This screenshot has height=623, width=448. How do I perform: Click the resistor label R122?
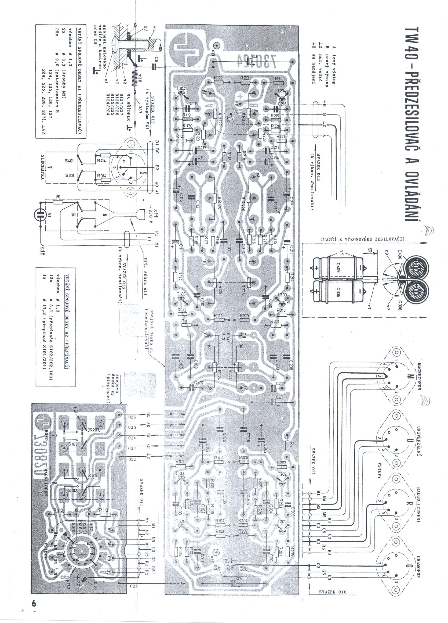pos(219,78)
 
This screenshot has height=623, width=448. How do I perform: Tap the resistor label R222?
pos(245,78)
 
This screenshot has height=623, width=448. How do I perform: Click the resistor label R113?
pos(219,316)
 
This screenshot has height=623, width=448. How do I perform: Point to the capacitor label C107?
pos(199,383)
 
